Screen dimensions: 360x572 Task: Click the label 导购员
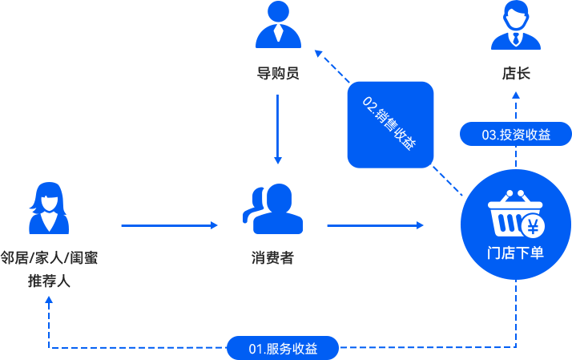(278, 74)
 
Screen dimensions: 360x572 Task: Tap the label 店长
(516, 74)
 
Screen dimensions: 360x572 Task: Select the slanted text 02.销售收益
(389, 123)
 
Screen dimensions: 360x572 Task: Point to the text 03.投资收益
(516, 135)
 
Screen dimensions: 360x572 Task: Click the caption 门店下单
(515, 253)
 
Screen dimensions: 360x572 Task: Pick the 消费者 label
(272, 257)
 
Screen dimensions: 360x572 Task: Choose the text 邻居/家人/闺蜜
(49, 258)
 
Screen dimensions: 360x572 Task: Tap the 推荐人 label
(49, 281)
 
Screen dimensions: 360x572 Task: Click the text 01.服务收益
(283, 349)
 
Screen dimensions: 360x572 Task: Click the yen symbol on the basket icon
(532, 226)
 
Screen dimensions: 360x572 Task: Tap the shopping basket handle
(515, 196)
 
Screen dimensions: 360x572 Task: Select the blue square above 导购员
(278, 24)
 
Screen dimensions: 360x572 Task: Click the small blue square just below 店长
(516, 95)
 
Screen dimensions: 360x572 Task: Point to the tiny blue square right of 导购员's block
(318, 54)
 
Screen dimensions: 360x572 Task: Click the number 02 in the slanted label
(369, 103)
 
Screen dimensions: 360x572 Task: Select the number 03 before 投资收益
(489, 135)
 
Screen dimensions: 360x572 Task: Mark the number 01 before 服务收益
(256, 349)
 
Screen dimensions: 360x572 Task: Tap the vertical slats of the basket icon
(506, 221)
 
